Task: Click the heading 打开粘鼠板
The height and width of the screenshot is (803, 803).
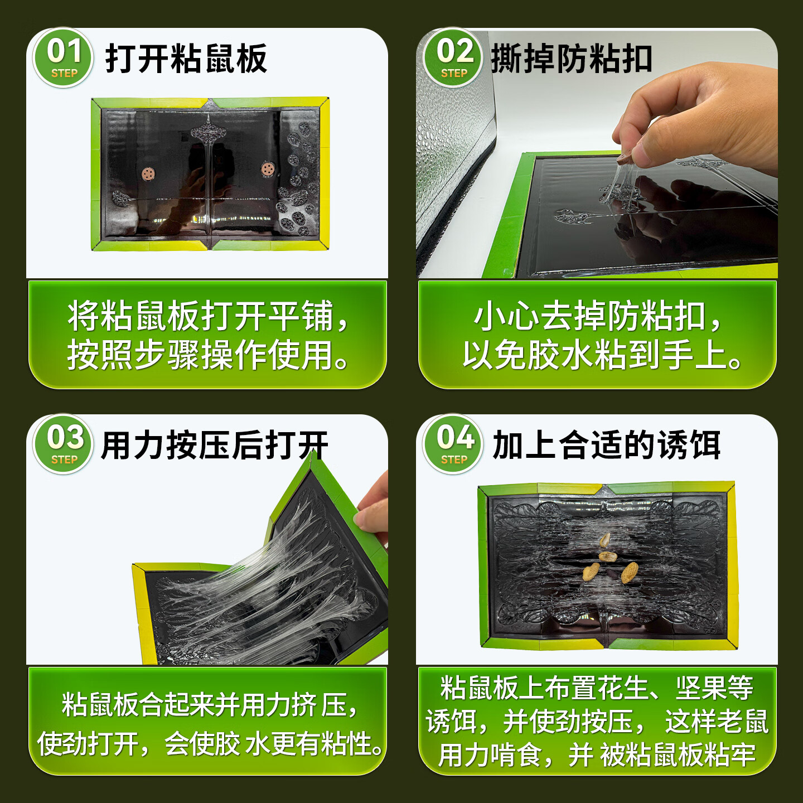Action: click(186, 59)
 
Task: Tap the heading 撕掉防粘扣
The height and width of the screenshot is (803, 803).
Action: click(571, 59)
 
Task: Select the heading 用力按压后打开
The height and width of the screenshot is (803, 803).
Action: click(215, 446)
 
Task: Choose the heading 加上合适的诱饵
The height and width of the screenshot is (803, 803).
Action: click(607, 446)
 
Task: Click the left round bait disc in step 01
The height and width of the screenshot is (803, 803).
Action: click(148, 174)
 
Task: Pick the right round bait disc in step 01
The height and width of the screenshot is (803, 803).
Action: click(268, 168)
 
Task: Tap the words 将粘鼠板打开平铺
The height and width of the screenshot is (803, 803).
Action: click(207, 316)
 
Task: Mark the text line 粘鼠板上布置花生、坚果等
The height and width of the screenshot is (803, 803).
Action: click(597, 688)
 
